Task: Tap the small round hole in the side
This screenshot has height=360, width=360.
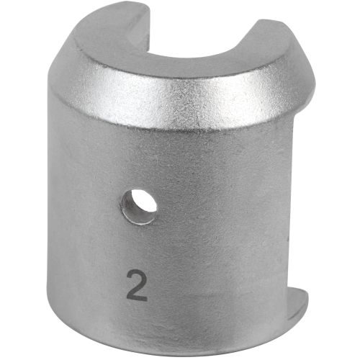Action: (x=139, y=207)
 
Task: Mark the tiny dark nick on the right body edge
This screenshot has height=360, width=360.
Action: (x=289, y=238)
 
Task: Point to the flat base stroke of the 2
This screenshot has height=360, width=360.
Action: (x=136, y=298)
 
